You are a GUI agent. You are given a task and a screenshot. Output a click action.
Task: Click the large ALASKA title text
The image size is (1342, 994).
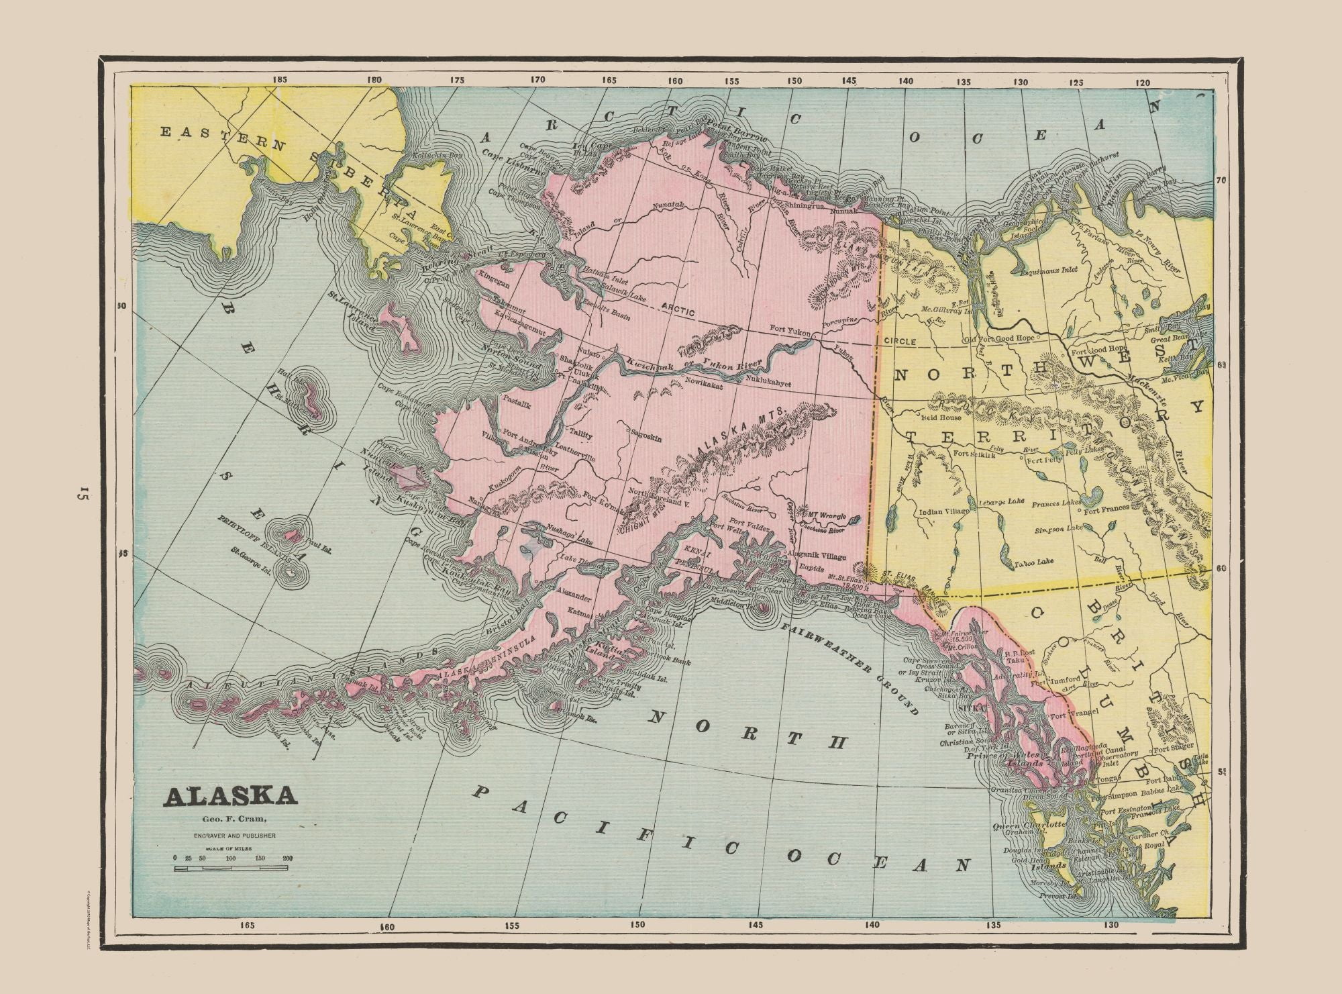(x=229, y=796)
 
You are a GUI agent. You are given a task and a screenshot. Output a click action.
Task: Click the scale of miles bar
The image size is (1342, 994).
(x=231, y=868)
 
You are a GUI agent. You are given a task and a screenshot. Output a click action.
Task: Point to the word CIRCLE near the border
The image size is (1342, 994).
(x=900, y=342)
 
